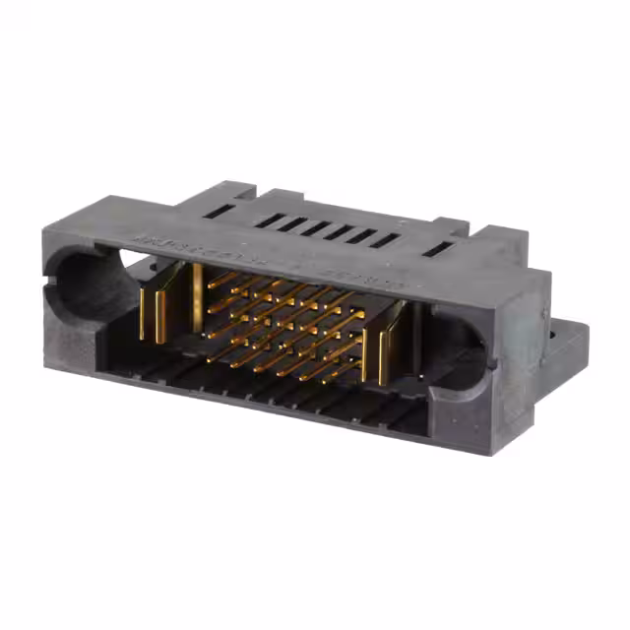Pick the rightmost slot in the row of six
click(x=384, y=240)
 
